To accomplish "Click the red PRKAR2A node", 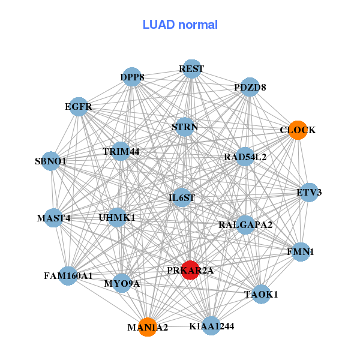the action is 190,270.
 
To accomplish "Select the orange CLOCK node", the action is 298,130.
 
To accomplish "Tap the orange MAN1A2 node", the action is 147,327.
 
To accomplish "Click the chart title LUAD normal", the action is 180,25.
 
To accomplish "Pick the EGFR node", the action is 79,107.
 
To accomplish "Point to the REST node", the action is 191,69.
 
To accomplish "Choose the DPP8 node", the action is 132,77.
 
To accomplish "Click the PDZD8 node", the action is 250,87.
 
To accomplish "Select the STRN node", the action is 185,127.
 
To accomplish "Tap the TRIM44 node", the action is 121,151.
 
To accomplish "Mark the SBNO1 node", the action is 51,161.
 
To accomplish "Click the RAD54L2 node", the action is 245,157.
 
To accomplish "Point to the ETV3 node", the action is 309,193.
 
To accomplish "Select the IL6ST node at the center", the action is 182,197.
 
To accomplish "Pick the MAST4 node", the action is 54,218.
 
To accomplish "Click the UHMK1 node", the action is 117,217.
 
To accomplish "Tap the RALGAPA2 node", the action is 245,225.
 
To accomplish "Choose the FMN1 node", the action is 301,251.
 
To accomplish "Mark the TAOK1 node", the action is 261,294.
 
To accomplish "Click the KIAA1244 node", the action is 211,326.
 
